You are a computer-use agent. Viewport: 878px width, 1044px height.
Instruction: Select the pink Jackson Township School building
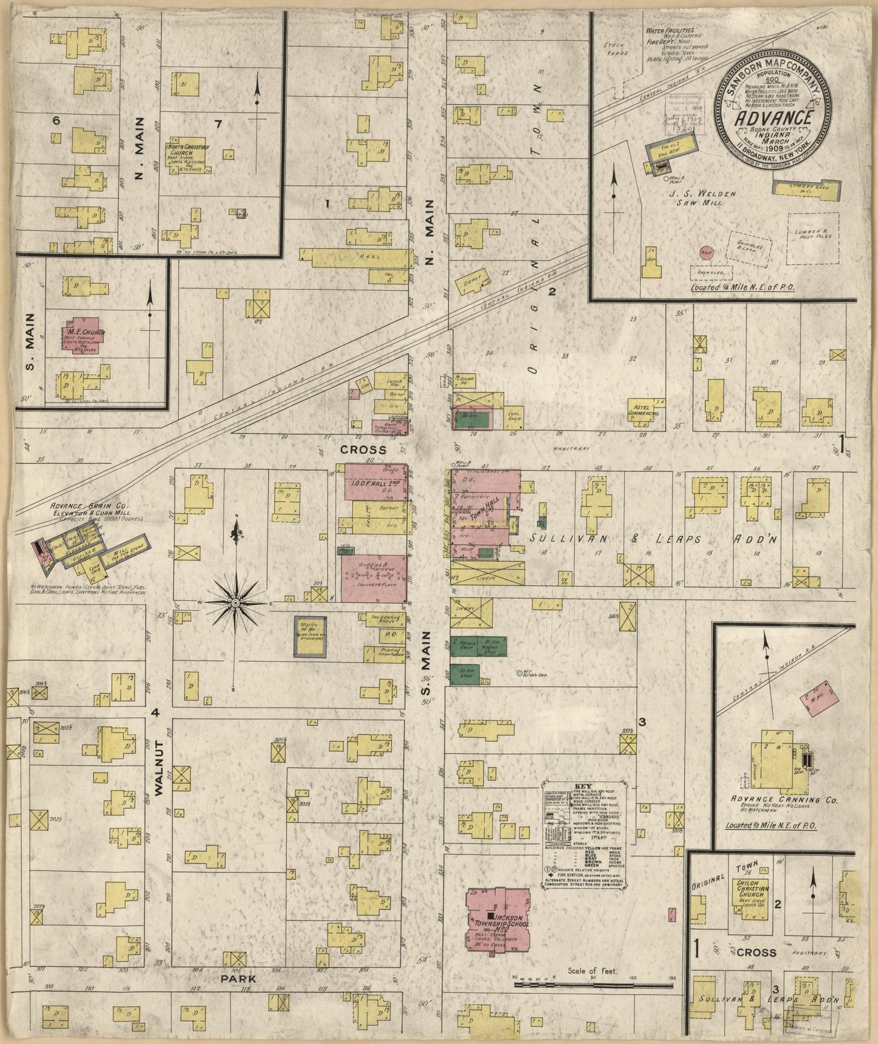pyautogui.click(x=498, y=918)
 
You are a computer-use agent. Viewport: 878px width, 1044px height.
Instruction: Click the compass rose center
pyautogui.click(x=235, y=602)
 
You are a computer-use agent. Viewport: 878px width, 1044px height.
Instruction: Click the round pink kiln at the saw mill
pyautogui.click(x=706, y=253)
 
